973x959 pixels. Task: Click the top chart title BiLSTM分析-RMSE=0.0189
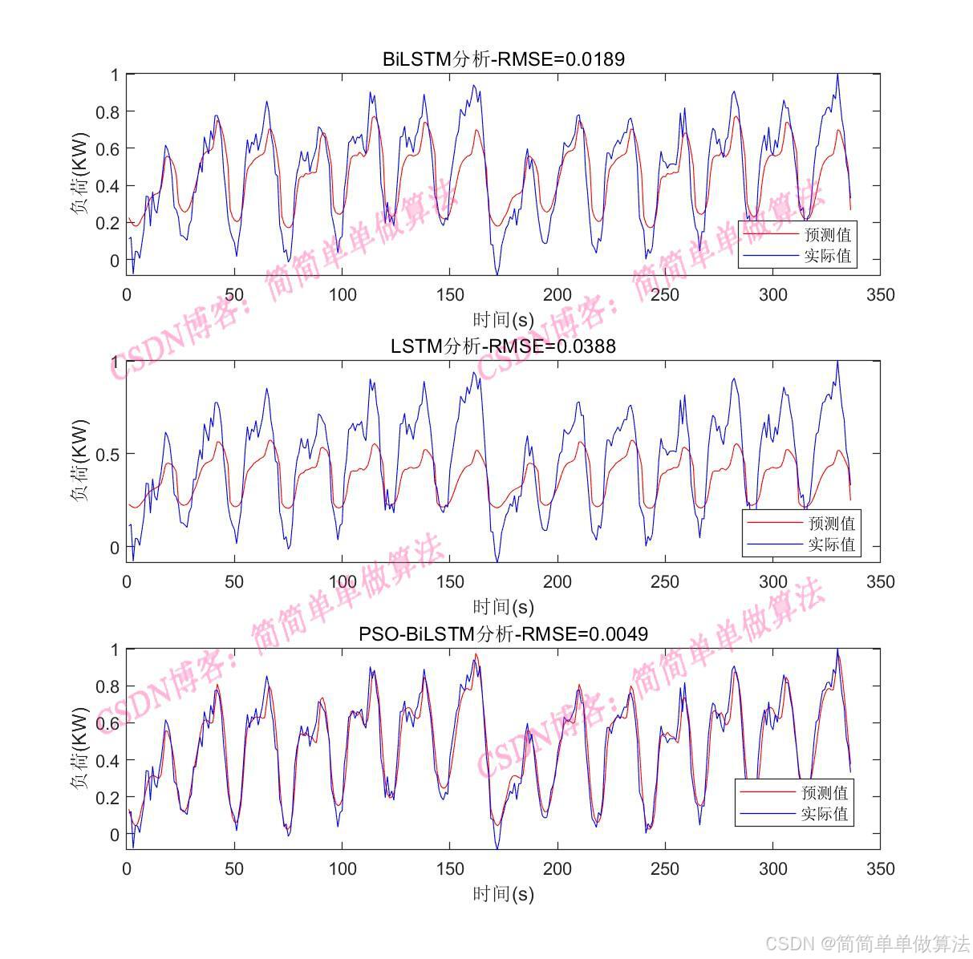tap(503, 59)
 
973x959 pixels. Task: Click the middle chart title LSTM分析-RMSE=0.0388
tap(503, 346)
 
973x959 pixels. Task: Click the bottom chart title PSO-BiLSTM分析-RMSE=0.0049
tap(503, 633)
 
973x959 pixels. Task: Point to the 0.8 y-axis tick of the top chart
tap(107, 111)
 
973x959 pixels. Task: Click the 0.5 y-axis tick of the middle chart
tap(107, 454)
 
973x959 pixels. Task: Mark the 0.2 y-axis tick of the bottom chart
tap(107, 798)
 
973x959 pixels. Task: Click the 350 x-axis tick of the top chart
tap(880, 294)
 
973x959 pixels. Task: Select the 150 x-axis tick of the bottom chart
tap(450, 868)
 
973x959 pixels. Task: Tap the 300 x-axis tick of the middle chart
tap(772, 581)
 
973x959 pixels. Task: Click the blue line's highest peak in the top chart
tap(837, 75)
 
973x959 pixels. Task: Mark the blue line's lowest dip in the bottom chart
tap(497, 848)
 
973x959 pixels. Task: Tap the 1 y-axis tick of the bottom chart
tap(115, 649)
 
